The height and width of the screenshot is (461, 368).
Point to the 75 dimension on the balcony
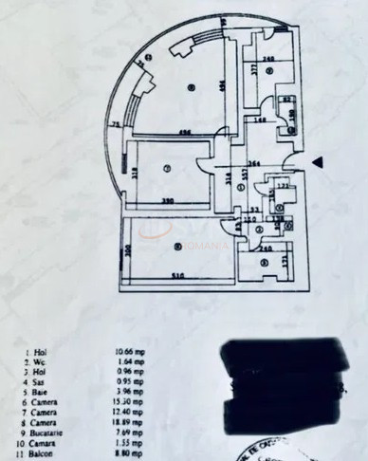tap(115, 124)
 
